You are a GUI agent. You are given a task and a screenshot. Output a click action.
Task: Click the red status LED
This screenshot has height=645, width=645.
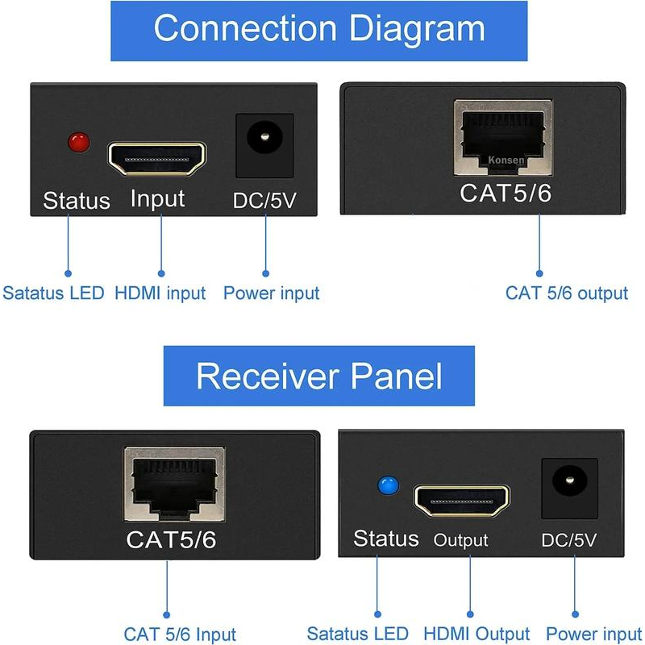[x=78, y=144]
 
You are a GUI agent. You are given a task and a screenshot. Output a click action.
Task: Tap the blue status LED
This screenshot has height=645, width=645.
[x=389, y=485]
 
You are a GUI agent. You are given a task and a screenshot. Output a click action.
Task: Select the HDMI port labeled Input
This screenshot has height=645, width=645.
[x=157, y=159]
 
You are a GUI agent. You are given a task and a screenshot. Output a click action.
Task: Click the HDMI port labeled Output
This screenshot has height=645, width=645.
[x=461, y=501]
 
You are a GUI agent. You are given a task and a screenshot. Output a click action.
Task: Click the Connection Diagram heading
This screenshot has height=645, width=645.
[x=319, y=29]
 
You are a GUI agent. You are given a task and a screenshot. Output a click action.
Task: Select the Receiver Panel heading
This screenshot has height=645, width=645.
[x=319, y=376]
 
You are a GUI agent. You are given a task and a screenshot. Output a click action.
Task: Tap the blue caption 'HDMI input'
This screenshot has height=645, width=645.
[x=160, y=293]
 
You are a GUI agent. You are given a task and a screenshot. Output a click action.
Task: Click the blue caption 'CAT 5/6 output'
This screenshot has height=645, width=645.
[x=566, y=293]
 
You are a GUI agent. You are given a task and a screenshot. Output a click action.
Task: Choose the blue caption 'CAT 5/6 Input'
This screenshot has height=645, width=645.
[x=180, y=635]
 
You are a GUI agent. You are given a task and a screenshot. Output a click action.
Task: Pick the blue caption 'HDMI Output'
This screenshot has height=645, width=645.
[x=476, y=635]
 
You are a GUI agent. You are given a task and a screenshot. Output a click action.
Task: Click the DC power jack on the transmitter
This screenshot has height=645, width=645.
[x=264, y=144]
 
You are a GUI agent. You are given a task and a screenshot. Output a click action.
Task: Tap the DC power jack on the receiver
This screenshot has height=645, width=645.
[x=569, y=487]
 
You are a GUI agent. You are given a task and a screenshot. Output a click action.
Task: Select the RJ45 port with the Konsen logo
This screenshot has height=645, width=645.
[x=503, y=139]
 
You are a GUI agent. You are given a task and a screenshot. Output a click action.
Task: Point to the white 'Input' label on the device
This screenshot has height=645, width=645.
[x=157, y=199]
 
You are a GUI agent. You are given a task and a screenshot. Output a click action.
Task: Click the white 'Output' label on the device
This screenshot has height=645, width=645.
[x=461, y=540]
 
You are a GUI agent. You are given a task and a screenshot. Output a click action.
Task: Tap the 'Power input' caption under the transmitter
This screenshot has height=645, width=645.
[x=271, y=293]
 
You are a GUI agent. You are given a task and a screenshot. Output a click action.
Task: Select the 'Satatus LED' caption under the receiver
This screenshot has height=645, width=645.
[x=358, y=635]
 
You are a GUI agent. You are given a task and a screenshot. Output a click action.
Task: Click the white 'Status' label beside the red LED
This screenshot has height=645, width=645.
[x=77, y=200]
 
